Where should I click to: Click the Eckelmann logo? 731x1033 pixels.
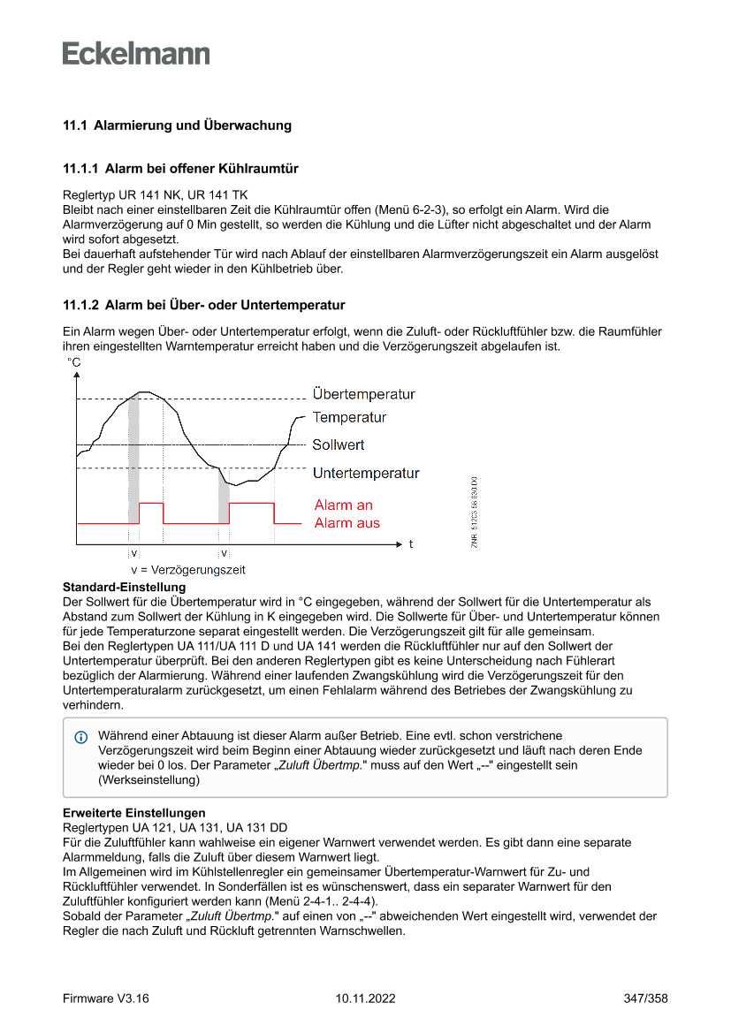point(136,54)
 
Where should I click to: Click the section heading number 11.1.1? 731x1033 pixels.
point(80,168)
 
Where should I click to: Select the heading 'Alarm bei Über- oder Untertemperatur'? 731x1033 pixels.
point(225,306)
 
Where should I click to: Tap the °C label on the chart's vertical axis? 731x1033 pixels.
point(74,362)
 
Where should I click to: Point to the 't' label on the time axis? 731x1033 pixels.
point(411,544)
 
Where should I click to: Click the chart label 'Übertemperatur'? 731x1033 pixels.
point(363,394)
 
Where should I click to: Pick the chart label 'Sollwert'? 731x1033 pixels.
point(339,444)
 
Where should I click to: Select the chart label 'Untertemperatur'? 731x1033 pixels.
point(366,474)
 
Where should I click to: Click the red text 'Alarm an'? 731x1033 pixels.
point(344,505)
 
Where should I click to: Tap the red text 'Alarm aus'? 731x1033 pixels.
point(347,523)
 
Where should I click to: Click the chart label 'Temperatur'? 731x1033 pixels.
point(349,417)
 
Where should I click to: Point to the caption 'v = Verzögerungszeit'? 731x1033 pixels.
point(187,570)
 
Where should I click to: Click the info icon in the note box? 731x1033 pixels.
point(81,736)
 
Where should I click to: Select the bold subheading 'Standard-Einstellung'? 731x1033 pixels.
point(124,587)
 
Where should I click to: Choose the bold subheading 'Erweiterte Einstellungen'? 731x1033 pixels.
point(133,812)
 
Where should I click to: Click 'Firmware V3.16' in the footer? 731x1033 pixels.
point(105,999)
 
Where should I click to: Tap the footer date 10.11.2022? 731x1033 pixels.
point(365,999)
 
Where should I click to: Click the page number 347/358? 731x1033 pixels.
point(644,999)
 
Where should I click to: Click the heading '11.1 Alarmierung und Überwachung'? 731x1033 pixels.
point(177,125)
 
